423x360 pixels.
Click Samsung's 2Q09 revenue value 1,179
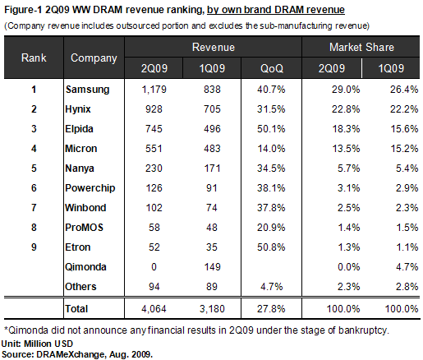coord(154,90)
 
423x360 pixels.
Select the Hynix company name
coord(78,109)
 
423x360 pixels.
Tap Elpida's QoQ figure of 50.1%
coord(271,129)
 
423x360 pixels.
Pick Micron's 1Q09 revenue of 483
coord(212,149)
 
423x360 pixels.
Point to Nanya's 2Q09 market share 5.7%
coord(348,168)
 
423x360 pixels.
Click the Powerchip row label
coord(90,188)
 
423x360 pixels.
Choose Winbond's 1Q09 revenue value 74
coord(212,208)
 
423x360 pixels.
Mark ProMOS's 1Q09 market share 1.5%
coord(407,228)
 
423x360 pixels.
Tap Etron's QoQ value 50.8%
coord(271,247)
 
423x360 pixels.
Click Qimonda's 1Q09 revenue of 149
coord(212,267)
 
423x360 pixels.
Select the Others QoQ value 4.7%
coord(271,287)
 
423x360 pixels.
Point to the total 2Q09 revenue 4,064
coord(154,309)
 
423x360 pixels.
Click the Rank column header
coord(34,58)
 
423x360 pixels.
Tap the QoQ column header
coord(272,68)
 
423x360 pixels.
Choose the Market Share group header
coord(361,47)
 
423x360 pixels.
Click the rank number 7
coord(34,208)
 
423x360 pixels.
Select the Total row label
coord(76,309)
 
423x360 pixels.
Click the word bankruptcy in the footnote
coord(363,330)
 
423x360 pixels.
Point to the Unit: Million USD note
coord(37,344)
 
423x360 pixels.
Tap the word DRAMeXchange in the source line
coord(71,354)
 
